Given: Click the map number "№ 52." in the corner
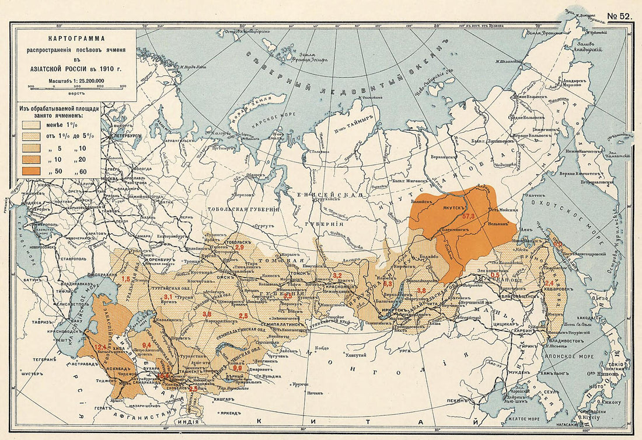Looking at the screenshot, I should tap(619, 16).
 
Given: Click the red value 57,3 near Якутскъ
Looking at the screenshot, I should tap(469, 216).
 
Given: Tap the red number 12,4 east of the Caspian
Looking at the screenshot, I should tap(100, 347).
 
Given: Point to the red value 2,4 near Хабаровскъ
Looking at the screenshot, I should tap(549, 283).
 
